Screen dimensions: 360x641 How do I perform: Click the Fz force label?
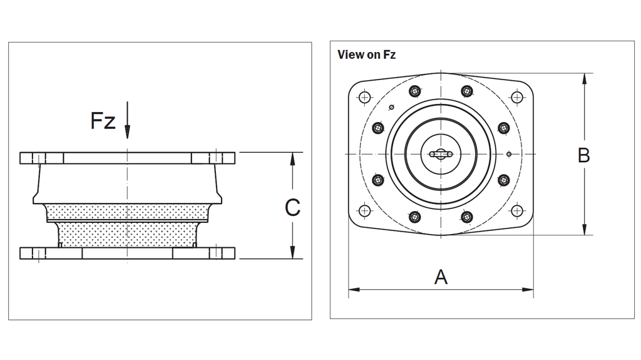(x=103, y=120)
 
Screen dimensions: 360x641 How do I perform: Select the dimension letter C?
(x=292, y=207)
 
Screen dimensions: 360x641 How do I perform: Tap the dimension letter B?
(x=583, y=155)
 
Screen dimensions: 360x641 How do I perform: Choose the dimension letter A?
(x=441, y=277)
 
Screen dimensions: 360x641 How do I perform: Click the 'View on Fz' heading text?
(x=366, y=54)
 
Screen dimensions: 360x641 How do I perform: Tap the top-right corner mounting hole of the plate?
(x=516, y=97)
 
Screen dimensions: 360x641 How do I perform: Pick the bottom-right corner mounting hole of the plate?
(x=516, y=211)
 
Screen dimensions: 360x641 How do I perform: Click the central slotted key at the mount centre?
(x=441, y=154)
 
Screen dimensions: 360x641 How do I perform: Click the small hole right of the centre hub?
(x=509, y=154)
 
